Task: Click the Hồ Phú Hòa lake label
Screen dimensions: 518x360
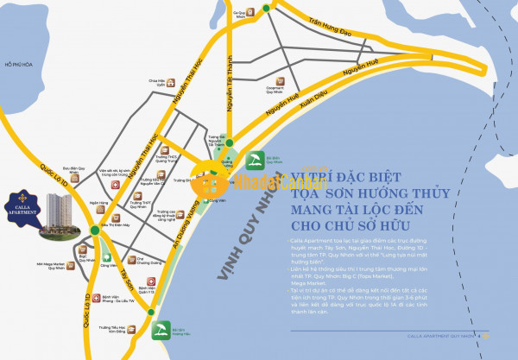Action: coord(17,64)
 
